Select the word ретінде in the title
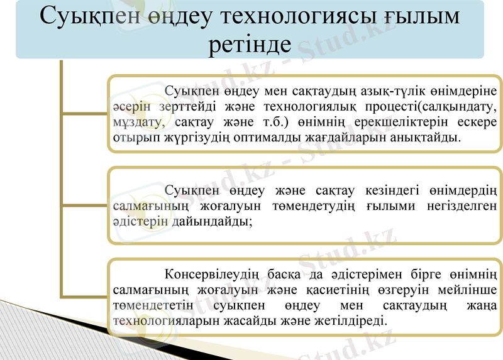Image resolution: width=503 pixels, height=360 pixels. (250, 45)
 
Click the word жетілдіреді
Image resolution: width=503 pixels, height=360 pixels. (350, 320)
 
